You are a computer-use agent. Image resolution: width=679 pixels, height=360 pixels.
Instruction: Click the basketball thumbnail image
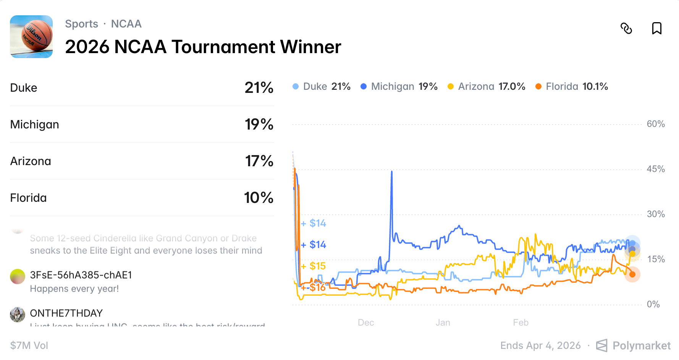(x=31, y=37)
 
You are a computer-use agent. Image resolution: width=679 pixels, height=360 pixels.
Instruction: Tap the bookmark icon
(x=656, y=28)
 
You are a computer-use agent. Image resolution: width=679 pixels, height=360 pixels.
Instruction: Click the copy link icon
(x=626, y=28)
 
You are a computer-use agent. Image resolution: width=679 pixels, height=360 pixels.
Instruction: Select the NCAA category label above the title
(x=126, y=24)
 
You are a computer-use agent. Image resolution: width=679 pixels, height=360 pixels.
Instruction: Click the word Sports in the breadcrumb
(x=81, y=24)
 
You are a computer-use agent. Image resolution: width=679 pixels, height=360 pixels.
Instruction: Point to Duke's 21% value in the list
(x=259, y=88)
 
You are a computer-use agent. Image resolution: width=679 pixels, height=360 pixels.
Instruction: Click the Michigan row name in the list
(x=35, y=125)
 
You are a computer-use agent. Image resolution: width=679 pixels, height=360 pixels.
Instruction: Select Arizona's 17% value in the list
(x=259, y=161)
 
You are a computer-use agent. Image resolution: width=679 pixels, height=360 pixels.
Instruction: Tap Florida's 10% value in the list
(x=259, y=198)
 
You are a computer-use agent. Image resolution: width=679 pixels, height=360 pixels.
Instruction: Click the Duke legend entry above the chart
(x=322, y=86)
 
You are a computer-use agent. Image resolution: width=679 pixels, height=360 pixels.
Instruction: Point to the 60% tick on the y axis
(x=655, y=124)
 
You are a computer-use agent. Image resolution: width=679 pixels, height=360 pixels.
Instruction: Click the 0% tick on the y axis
(x=653, y=305)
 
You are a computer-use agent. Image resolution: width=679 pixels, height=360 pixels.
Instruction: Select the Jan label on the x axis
(x=443, y=323)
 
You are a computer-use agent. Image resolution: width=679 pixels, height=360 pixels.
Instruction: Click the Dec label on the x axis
(x=365, y=323)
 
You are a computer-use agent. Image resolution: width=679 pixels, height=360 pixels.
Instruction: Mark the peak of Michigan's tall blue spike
(x=391, y=172)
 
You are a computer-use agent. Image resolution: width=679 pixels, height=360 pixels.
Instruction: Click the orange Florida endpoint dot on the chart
(x=632, y=274)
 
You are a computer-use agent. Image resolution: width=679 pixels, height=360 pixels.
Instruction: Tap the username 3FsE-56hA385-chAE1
(x=81, y=275)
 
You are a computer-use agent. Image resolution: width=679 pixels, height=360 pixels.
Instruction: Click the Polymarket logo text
(x=641, y=346)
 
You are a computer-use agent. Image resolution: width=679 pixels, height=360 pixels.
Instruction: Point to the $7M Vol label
(x=29, y=346)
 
